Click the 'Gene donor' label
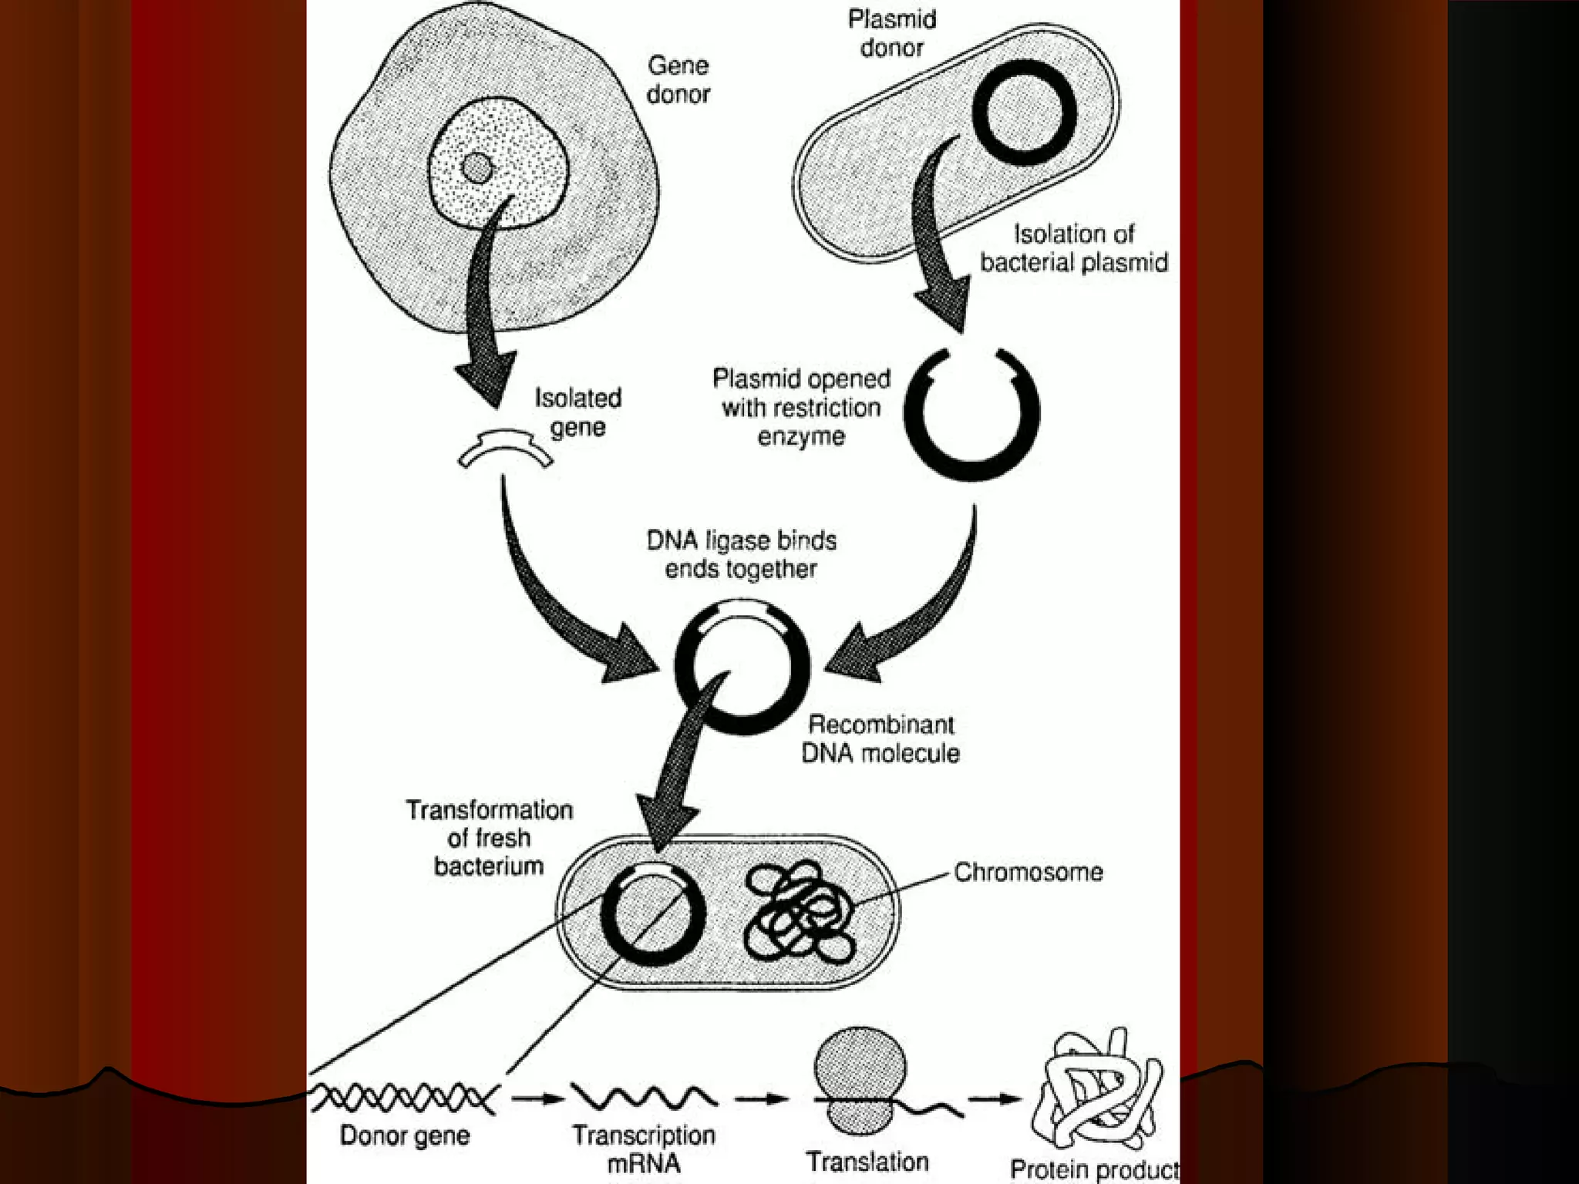(678, 79)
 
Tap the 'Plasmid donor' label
(892, 33)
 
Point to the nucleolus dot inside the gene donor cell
(477, 167)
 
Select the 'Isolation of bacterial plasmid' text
(1073, 247)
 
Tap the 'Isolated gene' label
(577, 412)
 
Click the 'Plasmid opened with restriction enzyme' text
(801, 407)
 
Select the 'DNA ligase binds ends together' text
(741, 554)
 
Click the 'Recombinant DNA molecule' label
(880, 738)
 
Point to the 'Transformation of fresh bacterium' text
(490, 838)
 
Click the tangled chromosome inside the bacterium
(800, 913)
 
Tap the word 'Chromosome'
(1028, 872)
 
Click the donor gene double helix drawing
(403, 1097)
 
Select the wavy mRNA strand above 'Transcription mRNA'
(644, 1095)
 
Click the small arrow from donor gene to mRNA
(537, 1098)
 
